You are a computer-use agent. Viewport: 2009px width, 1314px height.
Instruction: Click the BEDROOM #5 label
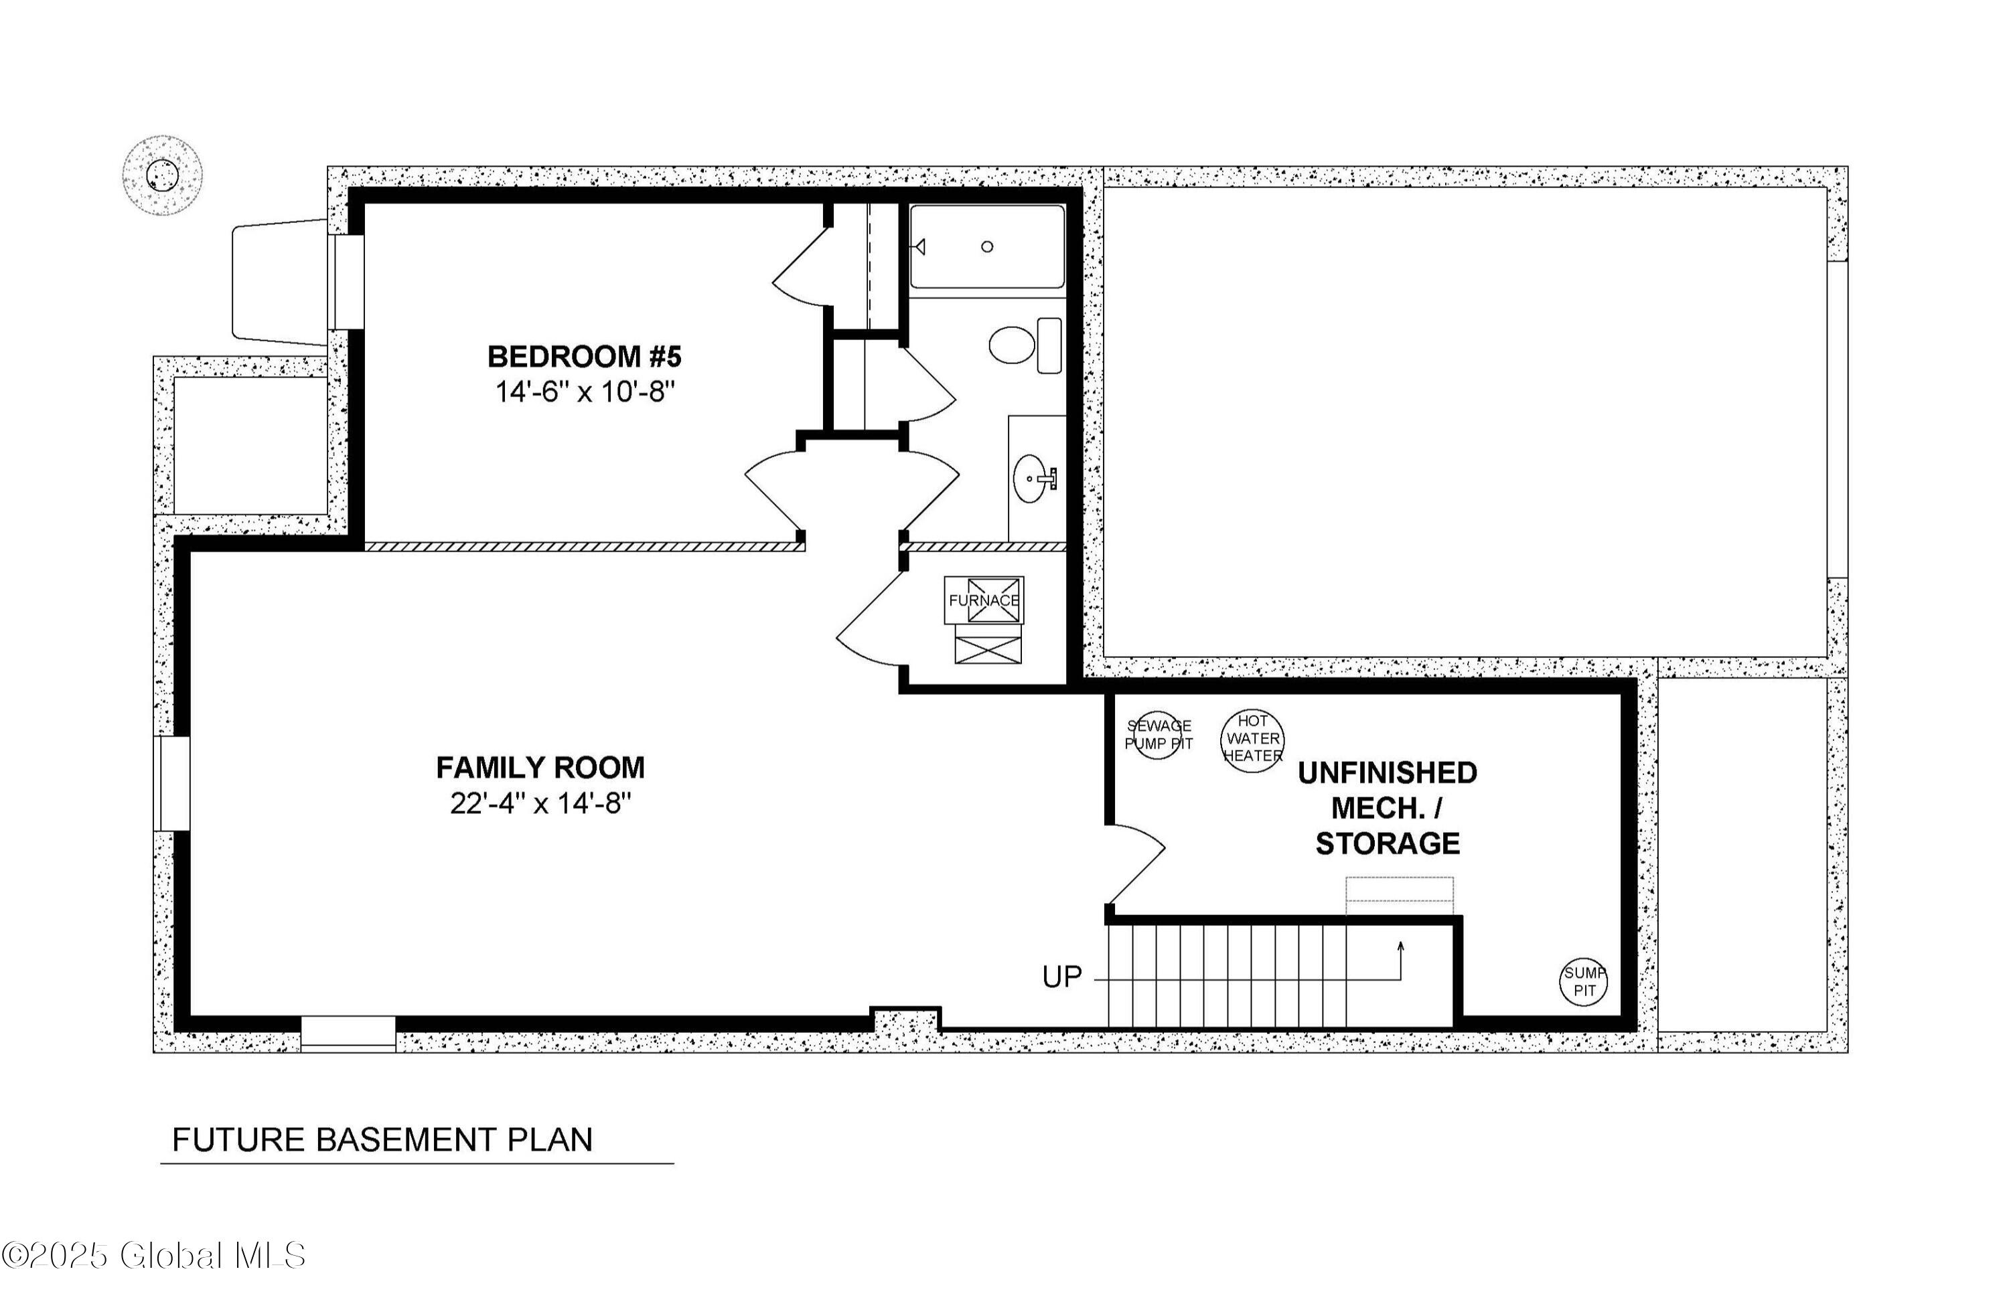(x=584, y=357)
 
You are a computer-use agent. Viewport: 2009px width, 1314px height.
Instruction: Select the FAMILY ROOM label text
(x=540, y=768)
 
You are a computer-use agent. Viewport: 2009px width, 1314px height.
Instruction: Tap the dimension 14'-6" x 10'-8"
(x=584, y=392)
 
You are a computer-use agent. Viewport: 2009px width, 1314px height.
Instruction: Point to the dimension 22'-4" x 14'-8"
(x=540, y=803)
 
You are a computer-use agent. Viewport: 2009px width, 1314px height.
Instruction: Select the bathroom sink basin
(x=1030, y=479)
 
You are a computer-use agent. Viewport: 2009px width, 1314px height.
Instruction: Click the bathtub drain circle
(x=987, y=246)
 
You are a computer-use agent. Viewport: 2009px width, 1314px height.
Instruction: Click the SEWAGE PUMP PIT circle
(x=1157, y=735)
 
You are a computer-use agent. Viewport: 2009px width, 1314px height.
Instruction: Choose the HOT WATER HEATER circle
(x=1253, y=739)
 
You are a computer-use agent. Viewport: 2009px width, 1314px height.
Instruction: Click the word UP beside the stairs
(x=1061, y=977)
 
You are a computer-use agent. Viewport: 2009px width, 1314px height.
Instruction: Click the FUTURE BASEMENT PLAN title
(x=382, y=1140)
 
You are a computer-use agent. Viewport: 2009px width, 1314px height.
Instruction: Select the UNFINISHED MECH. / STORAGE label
(x=1387, y=808)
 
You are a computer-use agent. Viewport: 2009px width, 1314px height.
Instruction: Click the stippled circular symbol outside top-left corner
(x=162, y=175)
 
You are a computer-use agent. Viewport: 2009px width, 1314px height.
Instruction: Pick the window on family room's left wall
(x=172, y=783)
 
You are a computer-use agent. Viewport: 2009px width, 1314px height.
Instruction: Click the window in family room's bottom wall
(x=348, y=1033)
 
